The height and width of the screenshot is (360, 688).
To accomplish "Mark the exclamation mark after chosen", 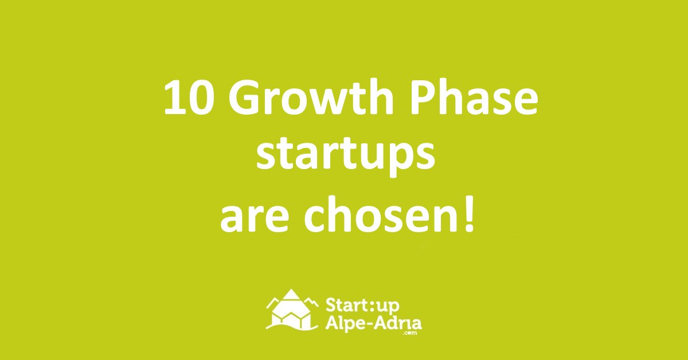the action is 468,214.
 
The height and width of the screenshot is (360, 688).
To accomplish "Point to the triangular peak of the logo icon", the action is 290,295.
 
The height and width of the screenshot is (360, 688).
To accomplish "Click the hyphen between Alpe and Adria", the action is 372,324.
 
